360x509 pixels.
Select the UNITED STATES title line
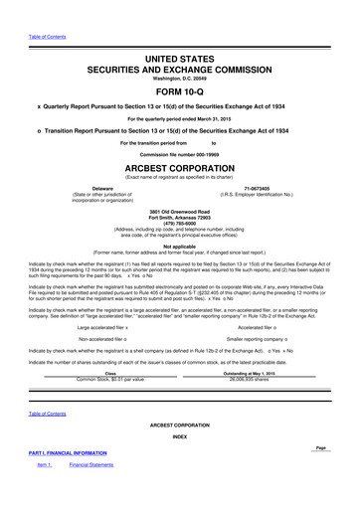pyautogui.click(x=180, y=33)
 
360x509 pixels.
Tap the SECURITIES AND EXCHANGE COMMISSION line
pyautogui.click(x=180, y=46)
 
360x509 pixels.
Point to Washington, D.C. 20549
pyautogui.click(x=180, y=56)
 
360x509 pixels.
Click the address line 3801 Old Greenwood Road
pyautogui.click(x=180, y=209)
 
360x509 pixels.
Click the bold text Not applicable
pyautogui.click(x=180, y=245)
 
